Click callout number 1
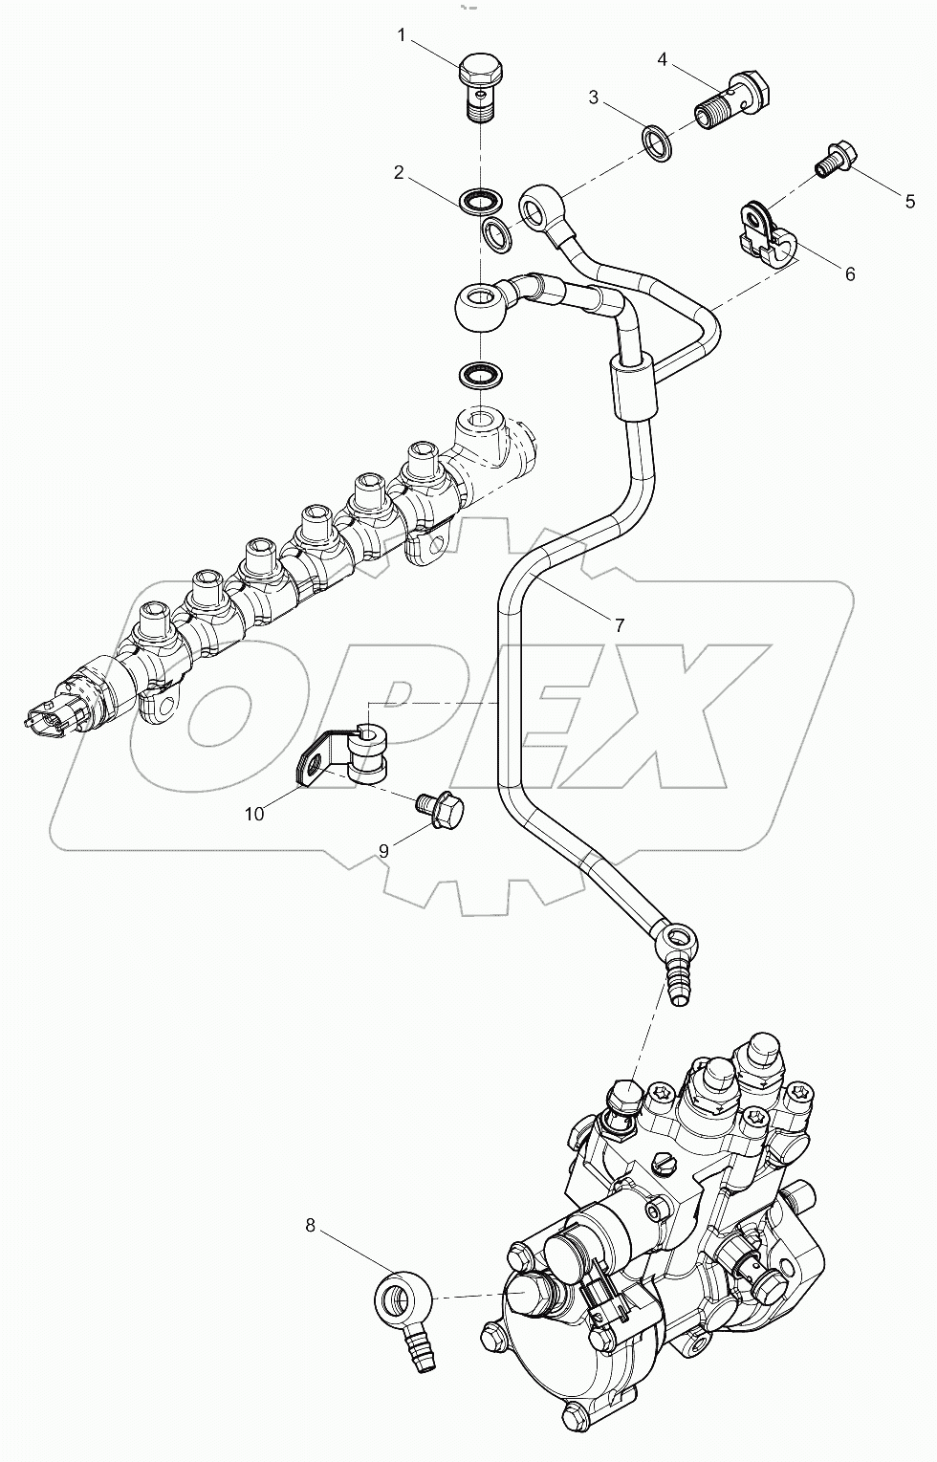(403, 35)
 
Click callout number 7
(619, 625)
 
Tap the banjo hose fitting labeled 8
(403, 1310)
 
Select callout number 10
(254, 814)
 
